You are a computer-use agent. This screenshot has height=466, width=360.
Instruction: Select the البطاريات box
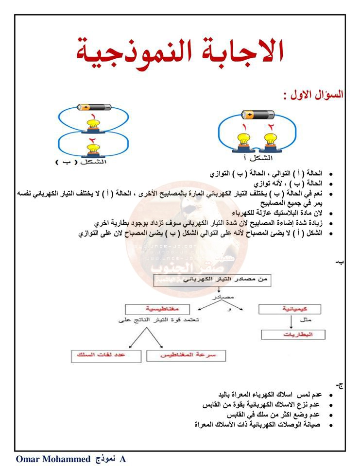pyautogui.click(x=293, y=335)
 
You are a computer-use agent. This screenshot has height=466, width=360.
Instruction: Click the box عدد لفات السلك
pyautogui.click(x=106, y=356)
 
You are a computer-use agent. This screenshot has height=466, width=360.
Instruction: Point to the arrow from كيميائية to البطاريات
pyautogui.click(x=291, y=322)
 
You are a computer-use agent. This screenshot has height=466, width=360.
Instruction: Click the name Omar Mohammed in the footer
pyautogui.click(x=53, y=459)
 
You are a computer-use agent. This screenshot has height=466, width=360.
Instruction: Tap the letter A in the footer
pyautogui.click(x=122, y=459)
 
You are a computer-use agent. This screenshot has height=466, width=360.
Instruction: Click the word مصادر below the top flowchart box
pyautogui.click(x=223, y=295)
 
